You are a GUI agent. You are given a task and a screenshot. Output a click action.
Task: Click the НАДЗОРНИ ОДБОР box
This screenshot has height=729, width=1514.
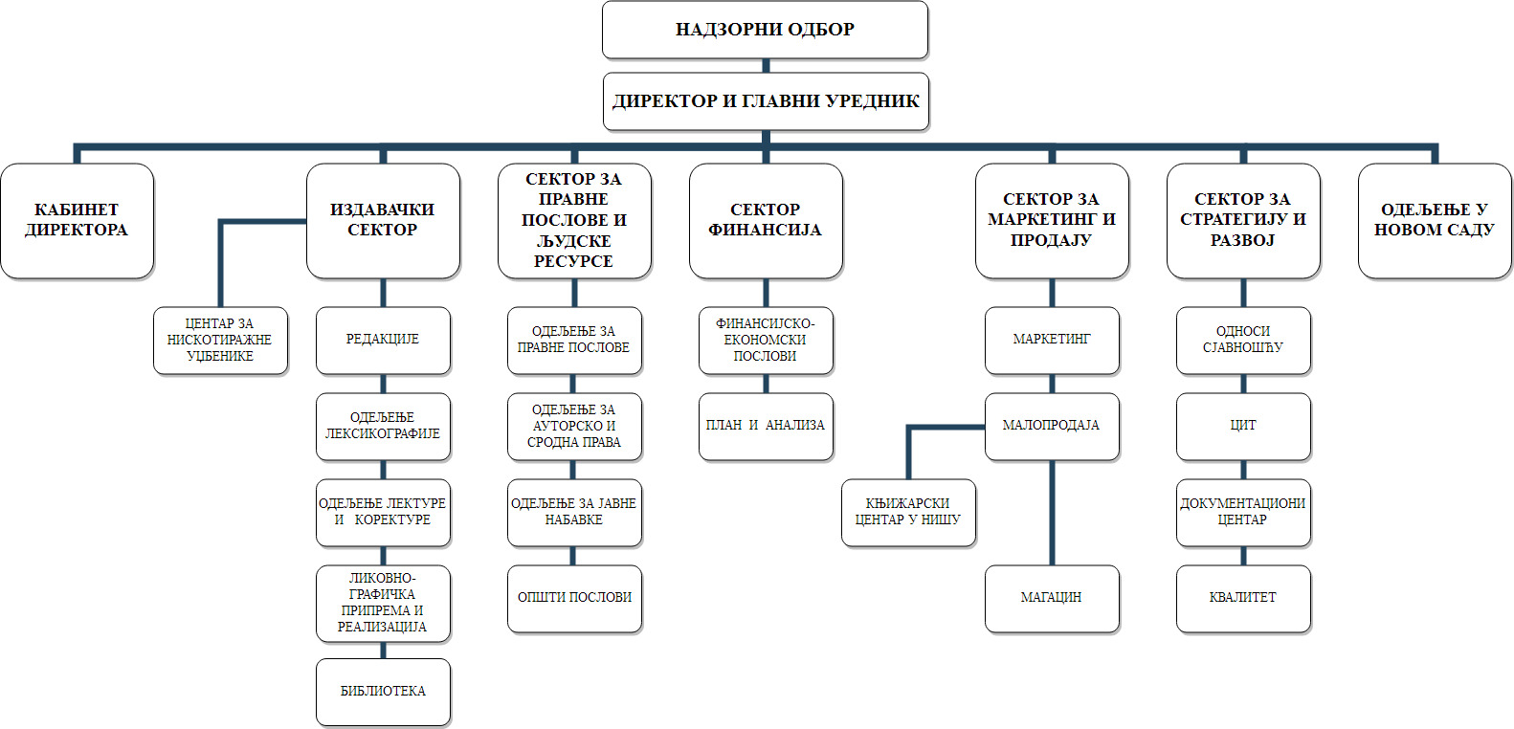[765, 30]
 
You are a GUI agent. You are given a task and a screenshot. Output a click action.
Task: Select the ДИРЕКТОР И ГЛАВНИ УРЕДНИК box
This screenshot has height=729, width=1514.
[766, 101]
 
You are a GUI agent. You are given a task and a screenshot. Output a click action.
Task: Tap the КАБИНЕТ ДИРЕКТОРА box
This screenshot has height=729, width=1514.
[77, 221]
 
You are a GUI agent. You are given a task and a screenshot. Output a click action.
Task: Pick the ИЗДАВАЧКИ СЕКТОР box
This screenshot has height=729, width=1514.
[383, 221]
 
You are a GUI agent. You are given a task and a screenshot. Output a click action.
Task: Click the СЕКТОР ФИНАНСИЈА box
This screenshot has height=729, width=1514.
[766, 221]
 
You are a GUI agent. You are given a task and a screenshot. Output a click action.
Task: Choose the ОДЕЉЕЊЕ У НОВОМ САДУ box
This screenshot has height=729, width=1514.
[1435, 221]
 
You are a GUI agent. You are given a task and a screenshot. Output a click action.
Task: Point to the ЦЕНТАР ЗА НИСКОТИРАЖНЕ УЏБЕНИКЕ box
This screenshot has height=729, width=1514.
[220, 341]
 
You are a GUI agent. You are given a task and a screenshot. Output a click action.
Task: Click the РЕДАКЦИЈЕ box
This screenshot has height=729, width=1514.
[383, 340]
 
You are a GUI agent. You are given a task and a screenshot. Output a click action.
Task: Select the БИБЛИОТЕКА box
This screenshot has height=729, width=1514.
[383, 692]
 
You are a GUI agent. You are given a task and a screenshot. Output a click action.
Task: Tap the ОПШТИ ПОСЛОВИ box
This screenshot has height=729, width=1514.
[574, 598]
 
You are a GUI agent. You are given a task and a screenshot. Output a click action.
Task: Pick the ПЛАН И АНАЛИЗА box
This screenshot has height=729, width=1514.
[766, 426]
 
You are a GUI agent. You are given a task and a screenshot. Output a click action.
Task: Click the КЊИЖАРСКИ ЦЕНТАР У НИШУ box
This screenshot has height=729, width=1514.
[908, 512]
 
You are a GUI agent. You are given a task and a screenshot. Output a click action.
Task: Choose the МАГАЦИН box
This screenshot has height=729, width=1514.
[1052, 598]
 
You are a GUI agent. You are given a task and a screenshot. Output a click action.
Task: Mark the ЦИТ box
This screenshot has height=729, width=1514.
[1243, 426]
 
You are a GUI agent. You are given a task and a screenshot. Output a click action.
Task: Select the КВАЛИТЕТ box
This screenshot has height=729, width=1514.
[1243, 598]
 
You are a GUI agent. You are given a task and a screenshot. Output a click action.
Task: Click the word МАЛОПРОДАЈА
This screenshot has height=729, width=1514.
[1051, 425]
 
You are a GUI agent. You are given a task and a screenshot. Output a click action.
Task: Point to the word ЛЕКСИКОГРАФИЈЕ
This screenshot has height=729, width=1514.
[383, 434]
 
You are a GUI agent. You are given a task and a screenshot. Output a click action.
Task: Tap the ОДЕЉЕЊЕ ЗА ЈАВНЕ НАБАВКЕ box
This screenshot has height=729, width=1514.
[574, 512]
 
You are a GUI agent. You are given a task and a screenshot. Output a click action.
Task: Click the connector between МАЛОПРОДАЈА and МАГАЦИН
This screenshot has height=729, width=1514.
[1052, 512]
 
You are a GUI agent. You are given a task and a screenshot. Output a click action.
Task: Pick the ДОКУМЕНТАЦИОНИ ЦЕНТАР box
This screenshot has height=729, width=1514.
[1243, 512]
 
